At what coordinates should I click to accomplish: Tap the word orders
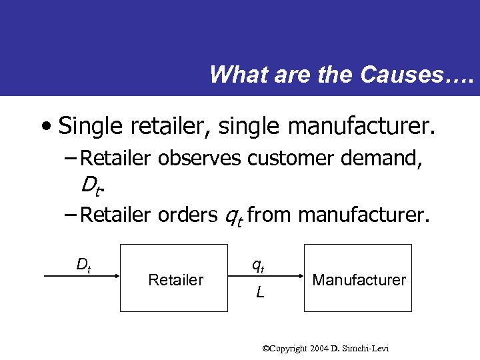pyautogui.click(x=186, y=215)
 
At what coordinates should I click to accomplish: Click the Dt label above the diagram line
pyautogui.click(x=83, y=265)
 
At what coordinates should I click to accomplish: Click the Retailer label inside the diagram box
pyautogui.click(x=175, y=280)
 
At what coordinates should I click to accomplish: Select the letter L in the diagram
pyautogui.click(x=260, y=291)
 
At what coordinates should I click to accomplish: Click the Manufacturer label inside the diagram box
pyautogui.click(x=359, y=280)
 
